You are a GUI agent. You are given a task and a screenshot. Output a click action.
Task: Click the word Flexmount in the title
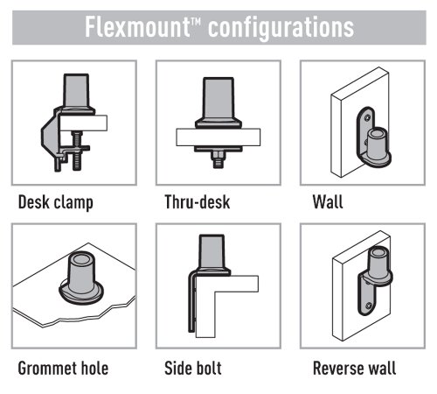coord(137,27)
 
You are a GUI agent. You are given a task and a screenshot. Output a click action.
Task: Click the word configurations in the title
coord(281,29)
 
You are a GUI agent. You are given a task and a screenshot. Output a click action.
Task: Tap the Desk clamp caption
coord(56,202)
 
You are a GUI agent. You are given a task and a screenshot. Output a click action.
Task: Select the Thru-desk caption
coord(198,202)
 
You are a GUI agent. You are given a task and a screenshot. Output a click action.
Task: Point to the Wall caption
coord(328,201)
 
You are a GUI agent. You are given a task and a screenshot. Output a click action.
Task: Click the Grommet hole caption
coord(63,368)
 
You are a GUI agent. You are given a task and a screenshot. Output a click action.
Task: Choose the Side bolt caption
coord(193,368)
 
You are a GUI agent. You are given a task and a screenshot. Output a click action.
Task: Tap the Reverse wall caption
coord(355,368)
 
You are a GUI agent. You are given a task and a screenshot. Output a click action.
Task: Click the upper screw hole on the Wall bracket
coord(368,117)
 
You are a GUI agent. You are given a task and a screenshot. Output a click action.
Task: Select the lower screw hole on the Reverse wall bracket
coord(369,306)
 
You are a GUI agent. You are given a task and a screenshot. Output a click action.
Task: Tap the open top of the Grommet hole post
coord(81,259)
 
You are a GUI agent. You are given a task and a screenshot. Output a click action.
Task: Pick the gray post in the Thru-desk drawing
coord(218,100)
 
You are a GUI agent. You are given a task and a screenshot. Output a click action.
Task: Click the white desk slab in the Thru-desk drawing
coord(218,137)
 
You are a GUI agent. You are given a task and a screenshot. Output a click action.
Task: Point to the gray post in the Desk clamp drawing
coord(76,91)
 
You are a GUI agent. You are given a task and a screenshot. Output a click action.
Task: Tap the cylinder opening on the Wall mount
coord(377,134)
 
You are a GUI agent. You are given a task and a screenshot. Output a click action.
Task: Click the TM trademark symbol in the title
coord(196,21)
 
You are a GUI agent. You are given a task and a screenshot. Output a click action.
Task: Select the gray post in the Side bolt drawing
coord(212,251)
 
